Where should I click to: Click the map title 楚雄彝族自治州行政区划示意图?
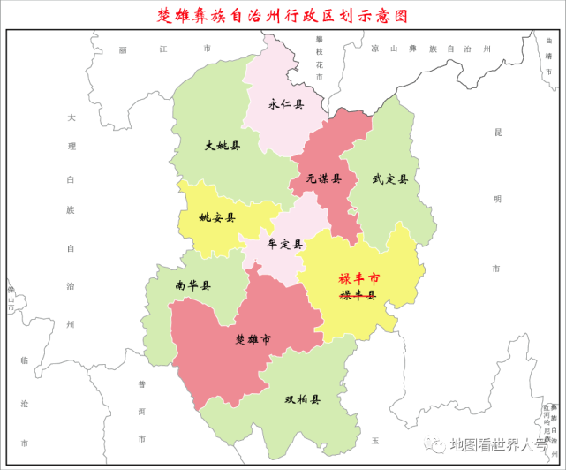[x=283, y=15]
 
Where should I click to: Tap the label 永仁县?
[x=285, y=104]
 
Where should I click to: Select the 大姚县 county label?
[x=222, y=146]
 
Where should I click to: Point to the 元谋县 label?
[x=324, y=178]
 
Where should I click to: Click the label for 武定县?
[x=389, y=179]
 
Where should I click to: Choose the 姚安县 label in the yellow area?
[x=217, y=217]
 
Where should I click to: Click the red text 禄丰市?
[x=358, y=277]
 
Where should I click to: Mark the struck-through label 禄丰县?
[x=358, y=295]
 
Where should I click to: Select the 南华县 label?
[x=193, y=285]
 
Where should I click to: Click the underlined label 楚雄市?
[x=253, y=339]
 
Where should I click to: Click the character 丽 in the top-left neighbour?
[x=124, y=50]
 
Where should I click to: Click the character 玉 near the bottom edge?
[x=374, y=440]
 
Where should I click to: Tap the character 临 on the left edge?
[x=24, y=360]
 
